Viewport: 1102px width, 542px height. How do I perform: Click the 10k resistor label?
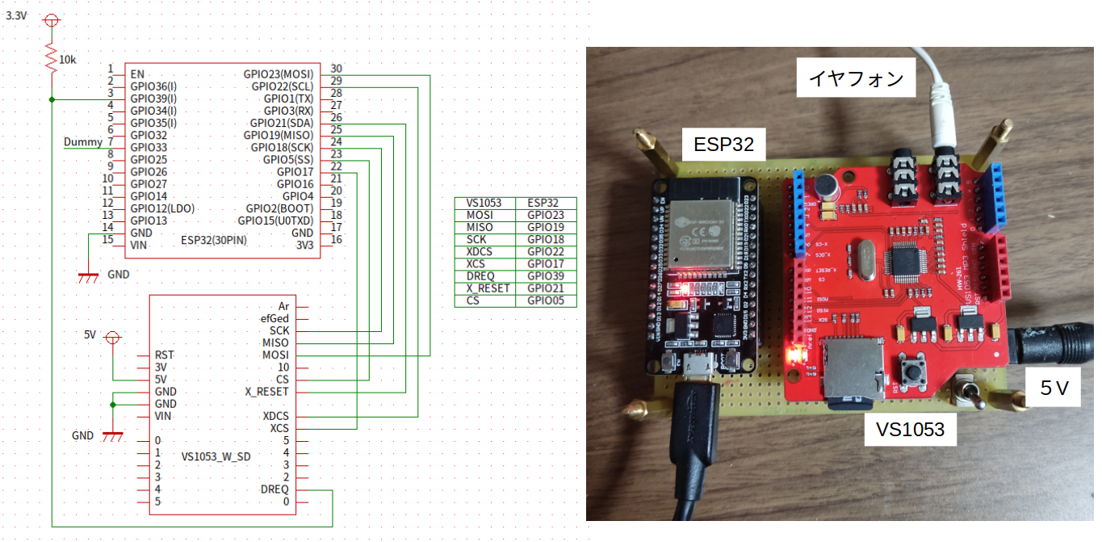[68, 60]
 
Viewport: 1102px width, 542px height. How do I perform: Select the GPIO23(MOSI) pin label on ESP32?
[279, 74]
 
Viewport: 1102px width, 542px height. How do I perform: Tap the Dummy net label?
[82, 143]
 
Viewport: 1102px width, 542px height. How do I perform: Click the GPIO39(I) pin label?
[153, 99]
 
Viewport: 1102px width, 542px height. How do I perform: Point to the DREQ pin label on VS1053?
[274, 489]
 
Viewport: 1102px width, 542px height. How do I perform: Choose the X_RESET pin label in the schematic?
[266, 392]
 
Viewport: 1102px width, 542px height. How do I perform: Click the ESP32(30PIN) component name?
[214, 241]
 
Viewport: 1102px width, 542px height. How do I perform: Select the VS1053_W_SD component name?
[216, 456]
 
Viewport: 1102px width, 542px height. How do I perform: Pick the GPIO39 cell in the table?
[546, 276]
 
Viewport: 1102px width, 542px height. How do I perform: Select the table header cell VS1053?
[484, 203]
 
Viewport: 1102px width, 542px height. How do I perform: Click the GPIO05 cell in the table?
[546, 300]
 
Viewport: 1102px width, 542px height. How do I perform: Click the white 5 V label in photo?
[1053, 389]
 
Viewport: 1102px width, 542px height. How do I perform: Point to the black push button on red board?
[916, 373]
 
